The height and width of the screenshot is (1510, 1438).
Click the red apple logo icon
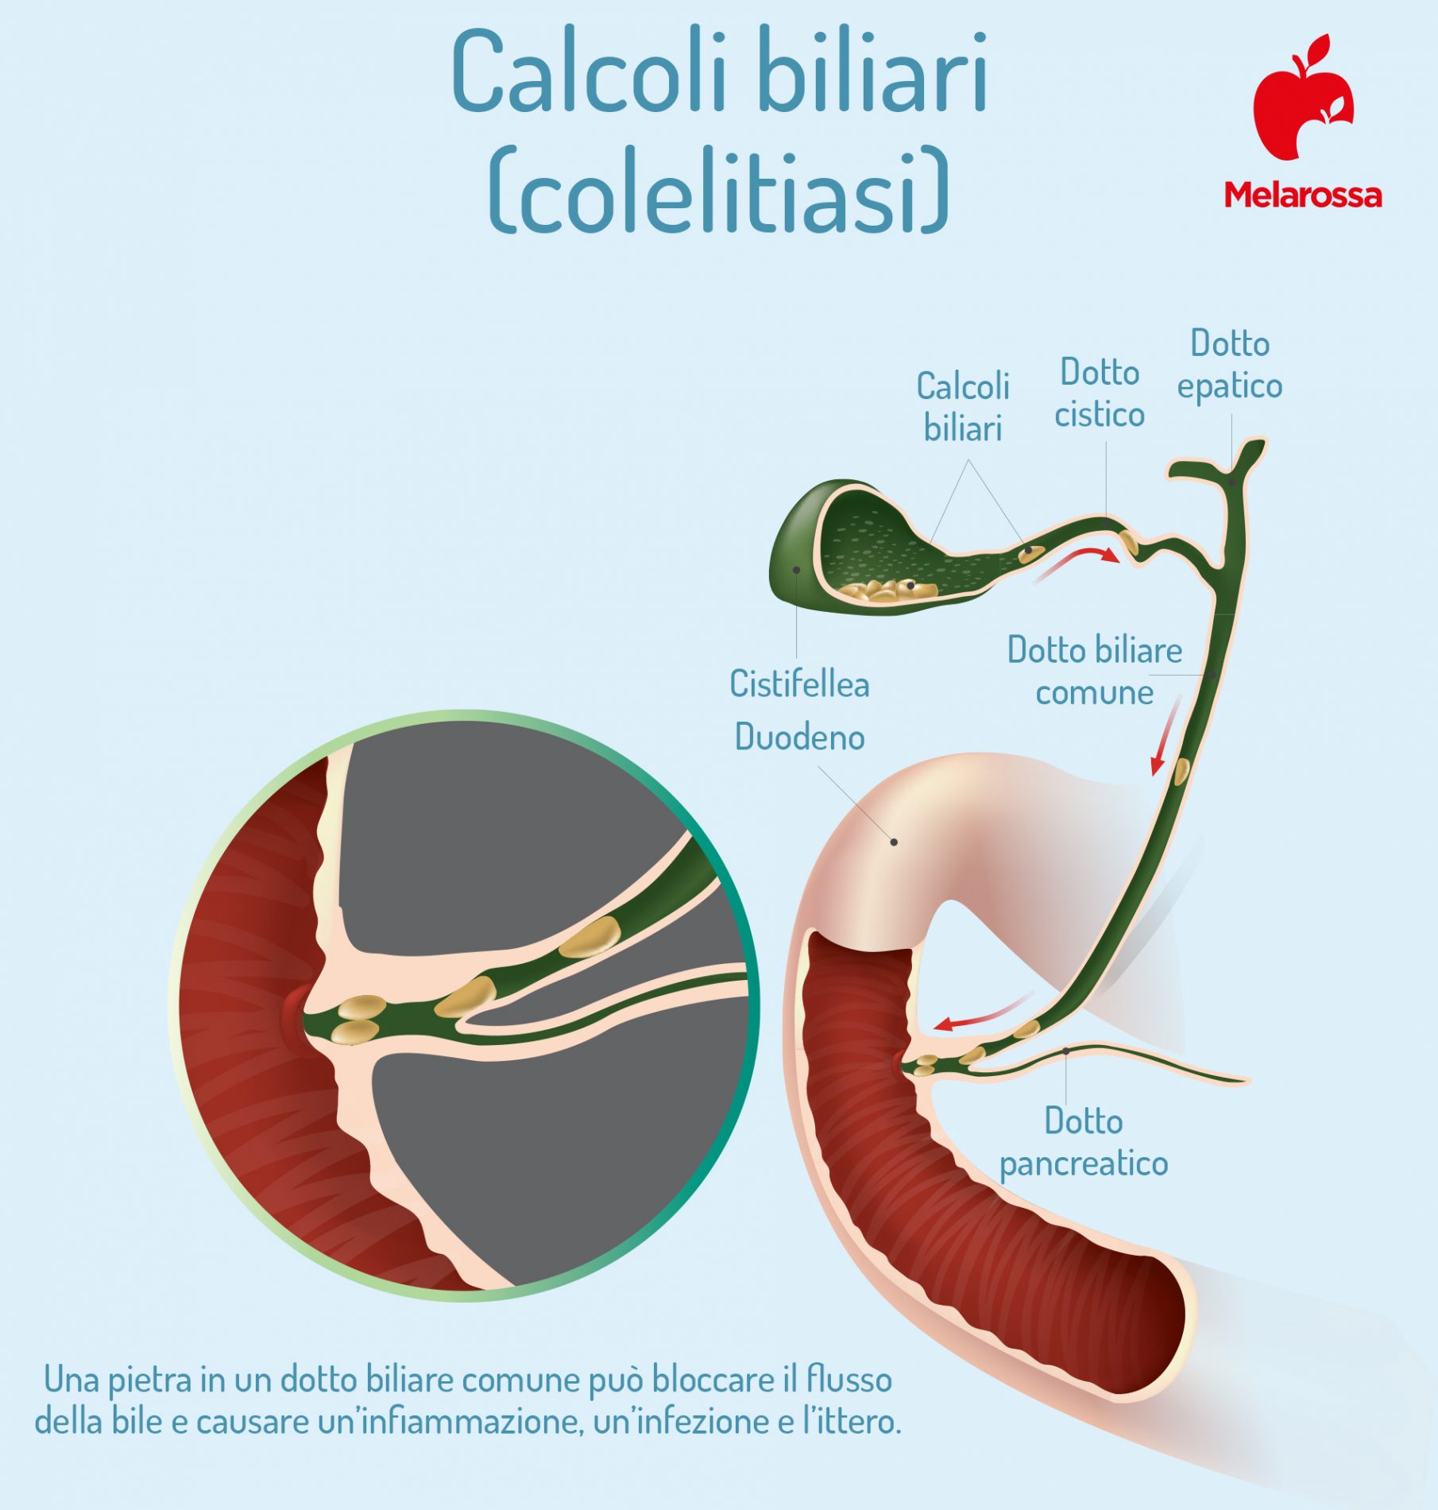[1303, 99]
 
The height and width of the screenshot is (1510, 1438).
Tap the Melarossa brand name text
[1303, 195]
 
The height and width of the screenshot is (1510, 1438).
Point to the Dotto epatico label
[1230, 365]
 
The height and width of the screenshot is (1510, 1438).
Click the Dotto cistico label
[1100, 393]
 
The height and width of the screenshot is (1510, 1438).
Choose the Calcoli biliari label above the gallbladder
[963, 407]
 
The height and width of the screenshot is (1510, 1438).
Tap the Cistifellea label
[799, 684]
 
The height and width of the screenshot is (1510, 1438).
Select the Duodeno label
[799, 738]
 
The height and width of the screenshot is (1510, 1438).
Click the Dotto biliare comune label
[1095, 672]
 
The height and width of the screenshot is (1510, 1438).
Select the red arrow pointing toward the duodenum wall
[984, 1011]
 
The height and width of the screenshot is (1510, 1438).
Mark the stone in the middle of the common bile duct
[1182, 772]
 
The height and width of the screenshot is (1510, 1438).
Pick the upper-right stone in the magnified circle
[590, 937]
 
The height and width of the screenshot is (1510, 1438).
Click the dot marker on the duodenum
[894, 842]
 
